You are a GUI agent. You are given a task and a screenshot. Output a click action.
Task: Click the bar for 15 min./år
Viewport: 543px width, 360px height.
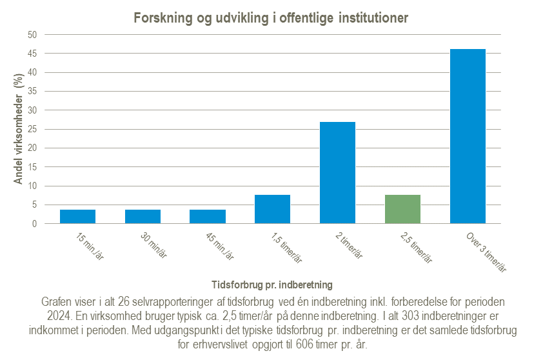coord(77,217)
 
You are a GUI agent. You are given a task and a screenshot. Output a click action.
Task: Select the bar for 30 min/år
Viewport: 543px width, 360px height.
coord(143,217)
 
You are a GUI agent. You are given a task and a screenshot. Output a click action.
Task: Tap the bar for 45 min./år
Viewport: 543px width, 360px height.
coord(208,217)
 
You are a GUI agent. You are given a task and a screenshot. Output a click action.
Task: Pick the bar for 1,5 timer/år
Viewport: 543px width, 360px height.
coord(273,210)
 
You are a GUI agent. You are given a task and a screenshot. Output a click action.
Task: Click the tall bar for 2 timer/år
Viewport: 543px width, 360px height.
coord(337,173)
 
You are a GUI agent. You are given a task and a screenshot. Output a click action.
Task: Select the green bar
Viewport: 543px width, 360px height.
coord(402,210)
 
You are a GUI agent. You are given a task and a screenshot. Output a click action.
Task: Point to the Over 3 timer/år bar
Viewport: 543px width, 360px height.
coord(468,137)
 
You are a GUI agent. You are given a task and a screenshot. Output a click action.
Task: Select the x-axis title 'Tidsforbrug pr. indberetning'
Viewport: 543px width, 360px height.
coord(271,284)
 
